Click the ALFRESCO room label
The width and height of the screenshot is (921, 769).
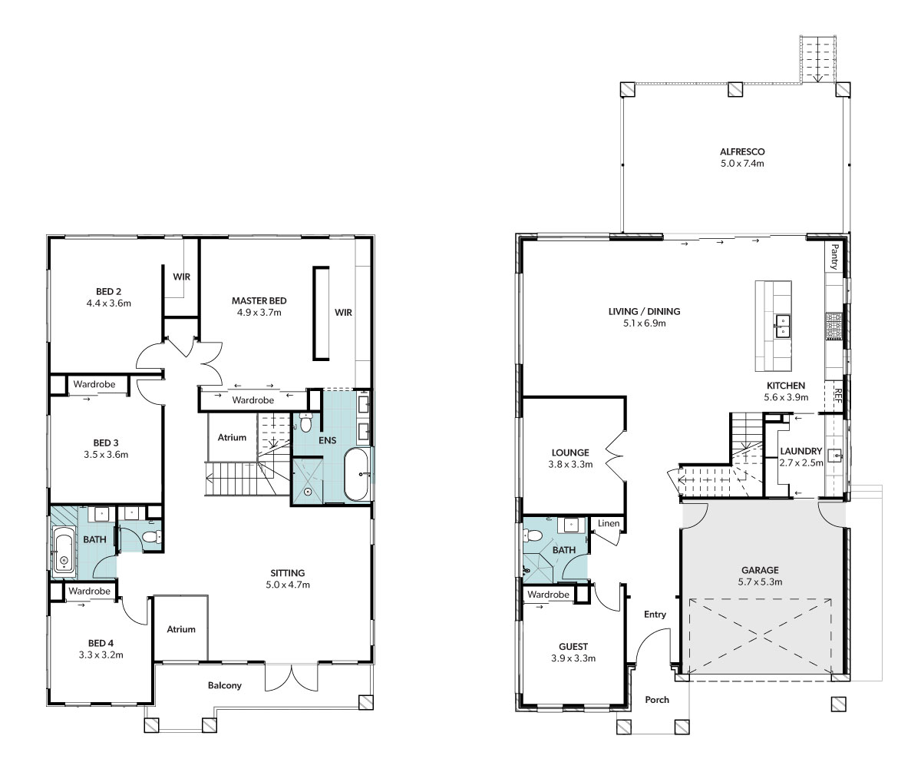(x=742, y=152)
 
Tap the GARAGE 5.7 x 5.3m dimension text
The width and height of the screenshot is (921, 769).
(x=760, y=582)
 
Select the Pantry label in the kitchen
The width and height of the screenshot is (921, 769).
(x=834, y=257)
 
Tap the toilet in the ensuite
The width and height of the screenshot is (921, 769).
(x=305, y=423)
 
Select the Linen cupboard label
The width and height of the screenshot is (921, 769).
(x=609, y=523)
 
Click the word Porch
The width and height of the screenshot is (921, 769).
(x=657, y=700)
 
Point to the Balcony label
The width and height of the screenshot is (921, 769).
(x=225, y=685)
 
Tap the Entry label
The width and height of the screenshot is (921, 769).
(x=655, y=615)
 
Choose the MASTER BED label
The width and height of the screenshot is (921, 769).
(x=259, y=300)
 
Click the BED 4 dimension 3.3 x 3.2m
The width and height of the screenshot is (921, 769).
(x=101, y=655)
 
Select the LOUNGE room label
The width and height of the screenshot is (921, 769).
(x=570, y=452)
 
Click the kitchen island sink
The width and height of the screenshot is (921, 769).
(x=783, y=326)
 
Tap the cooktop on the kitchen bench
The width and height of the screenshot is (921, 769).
(x=834, y=326)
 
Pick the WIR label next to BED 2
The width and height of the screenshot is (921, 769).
(x=181, y=277)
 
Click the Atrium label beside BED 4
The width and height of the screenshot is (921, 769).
(x=181, y=629)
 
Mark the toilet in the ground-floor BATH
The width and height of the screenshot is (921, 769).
(x=533, y=535)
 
